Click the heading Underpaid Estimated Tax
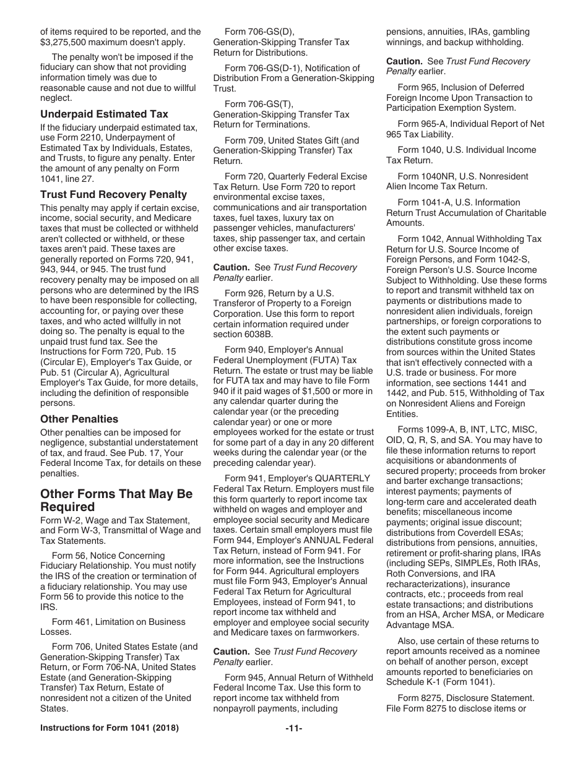[x=104, y=114]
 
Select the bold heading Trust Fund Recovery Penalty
[x=113, y=194]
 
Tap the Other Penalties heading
[x=79, y=419]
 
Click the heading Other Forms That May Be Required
[x=116, y=501]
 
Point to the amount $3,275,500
[x=66, y=42]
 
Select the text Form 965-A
[x=421, y=124]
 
